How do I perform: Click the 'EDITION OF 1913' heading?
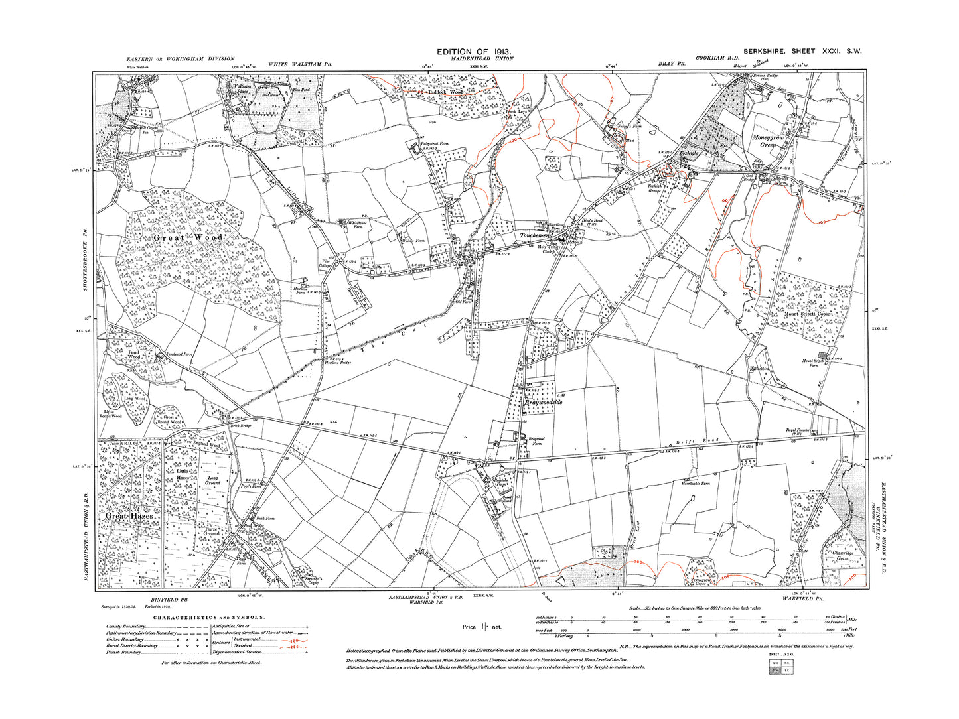473,52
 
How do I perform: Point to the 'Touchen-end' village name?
536,236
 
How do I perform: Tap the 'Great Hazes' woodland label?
130,515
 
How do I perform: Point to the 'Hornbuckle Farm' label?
695,484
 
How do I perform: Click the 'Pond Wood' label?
133,355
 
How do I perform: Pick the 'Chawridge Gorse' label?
842,555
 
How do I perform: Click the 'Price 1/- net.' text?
482,626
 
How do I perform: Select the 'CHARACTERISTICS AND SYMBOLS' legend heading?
209,618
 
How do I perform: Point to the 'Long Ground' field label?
212,480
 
